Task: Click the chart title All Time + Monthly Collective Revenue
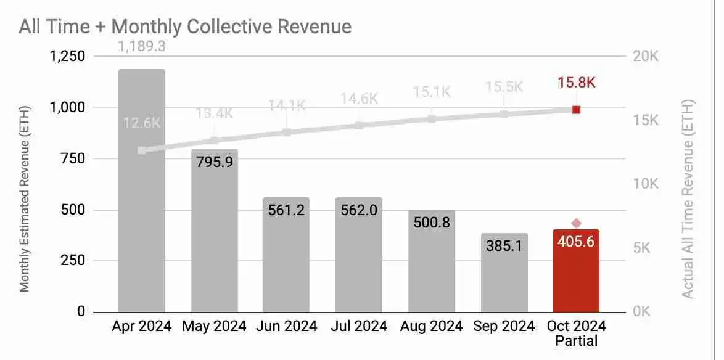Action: pos(185,27)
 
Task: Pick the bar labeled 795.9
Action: pos(214,247)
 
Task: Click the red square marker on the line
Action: pos(576,110)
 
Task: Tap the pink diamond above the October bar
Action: pos(576,223)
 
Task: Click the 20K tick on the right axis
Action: pos(645,57)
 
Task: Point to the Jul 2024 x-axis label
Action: pos(359,326)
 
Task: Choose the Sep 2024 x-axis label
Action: pos(504,326)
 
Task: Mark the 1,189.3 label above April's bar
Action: pos(142,46)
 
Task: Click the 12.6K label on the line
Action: pos(142,123)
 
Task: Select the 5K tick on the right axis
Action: pos(644,248)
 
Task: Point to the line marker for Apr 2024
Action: pos(142,150)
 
